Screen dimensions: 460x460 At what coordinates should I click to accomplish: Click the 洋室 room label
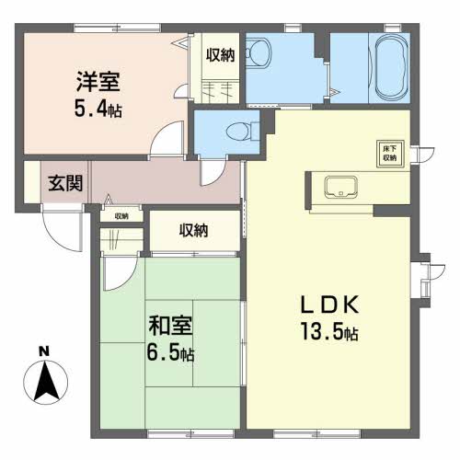click(98, 82)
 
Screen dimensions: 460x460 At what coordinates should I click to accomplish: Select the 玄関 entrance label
click(65, 183)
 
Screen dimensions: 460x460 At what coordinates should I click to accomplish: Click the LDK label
click(329, 305)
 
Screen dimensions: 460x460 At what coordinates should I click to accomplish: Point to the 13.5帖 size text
click(329, 331)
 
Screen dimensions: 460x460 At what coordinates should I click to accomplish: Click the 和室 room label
click(170, 326)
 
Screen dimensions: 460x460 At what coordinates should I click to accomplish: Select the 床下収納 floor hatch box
click(390, 154)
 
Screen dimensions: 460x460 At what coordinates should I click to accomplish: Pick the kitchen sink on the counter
click(340, 187)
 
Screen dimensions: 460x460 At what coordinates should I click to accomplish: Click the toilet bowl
click(237, 132)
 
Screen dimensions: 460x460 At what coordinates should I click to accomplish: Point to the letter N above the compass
click(44, 351)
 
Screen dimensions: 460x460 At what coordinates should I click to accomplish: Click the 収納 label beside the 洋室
click(220, 55)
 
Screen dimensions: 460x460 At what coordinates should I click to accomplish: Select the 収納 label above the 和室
click(194, 230)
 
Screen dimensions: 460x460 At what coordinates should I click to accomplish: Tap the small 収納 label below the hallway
click(121, 216)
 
